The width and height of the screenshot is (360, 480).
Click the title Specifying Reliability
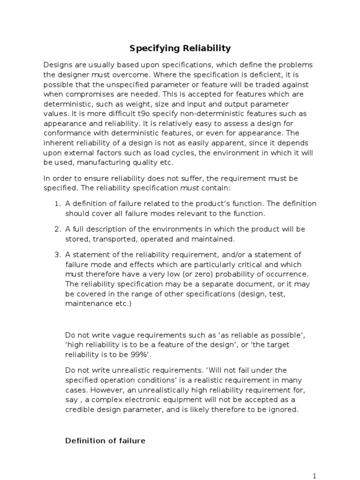(180, 48)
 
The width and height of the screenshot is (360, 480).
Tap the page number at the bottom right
(315, 475)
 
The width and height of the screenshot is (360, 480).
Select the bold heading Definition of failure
(105, 441)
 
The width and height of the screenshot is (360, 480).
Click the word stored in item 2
(76, 239)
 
